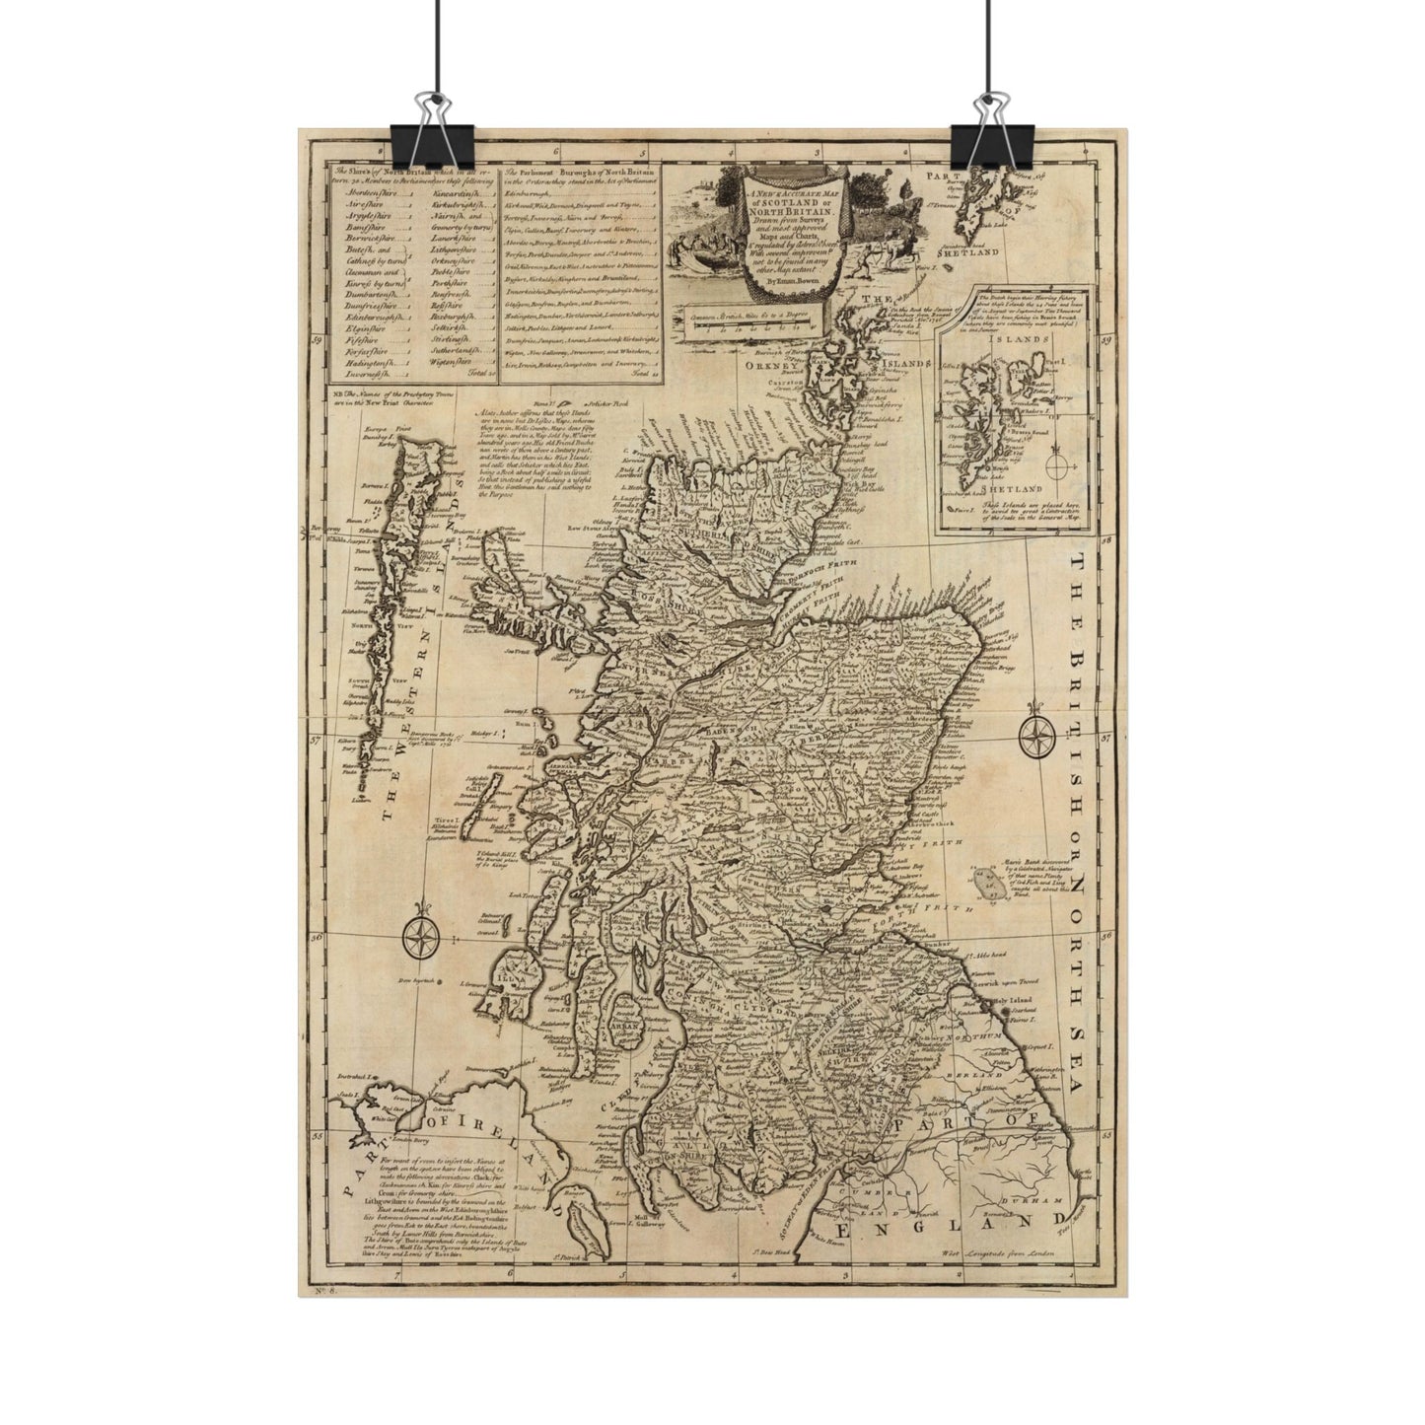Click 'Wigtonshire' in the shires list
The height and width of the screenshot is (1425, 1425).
click(456, 361)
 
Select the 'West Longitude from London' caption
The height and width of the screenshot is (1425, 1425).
click(998, 1251)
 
